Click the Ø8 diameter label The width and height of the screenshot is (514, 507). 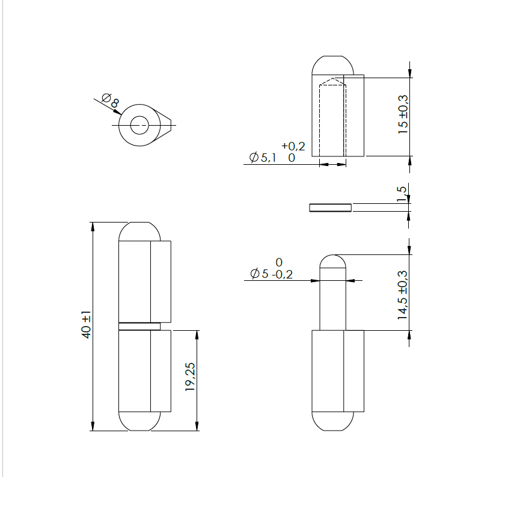(x=110, y=101)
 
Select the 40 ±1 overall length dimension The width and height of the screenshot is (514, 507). (x=87, y=325)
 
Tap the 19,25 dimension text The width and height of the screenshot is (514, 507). (x=191, y=378)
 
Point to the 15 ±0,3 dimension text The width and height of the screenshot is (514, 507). (x=403, y=114)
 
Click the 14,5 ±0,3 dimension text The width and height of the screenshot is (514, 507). (x=403, y=294)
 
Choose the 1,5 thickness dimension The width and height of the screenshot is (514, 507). (x=402, y=194)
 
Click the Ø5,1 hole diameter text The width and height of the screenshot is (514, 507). (x=264, y=158)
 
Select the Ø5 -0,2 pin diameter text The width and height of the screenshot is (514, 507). (x=271, y=274)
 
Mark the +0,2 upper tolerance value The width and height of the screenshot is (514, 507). (x=293, y=146)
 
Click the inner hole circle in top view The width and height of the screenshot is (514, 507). (x=139, y=126)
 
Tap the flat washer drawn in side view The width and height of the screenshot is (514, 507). (x=329, y=207)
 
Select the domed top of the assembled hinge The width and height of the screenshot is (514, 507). (x=139, y=231)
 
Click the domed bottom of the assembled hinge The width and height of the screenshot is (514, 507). (x=139, y=422)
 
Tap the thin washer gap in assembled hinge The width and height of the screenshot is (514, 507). (x=139, y=326)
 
